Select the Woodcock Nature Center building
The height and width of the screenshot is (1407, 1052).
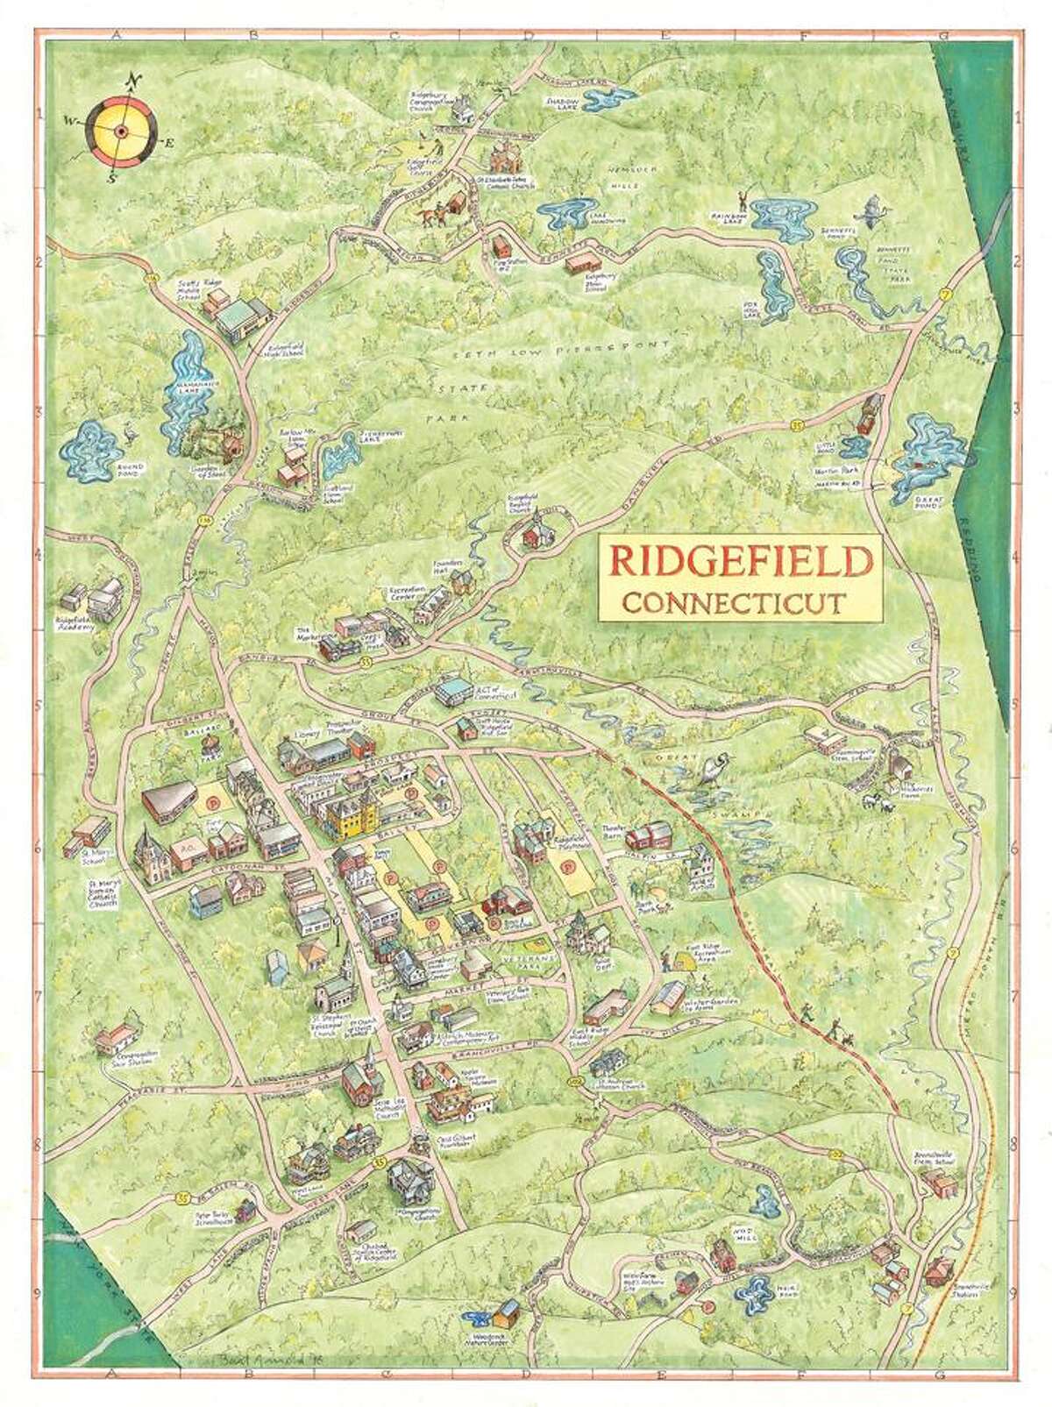506,1312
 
